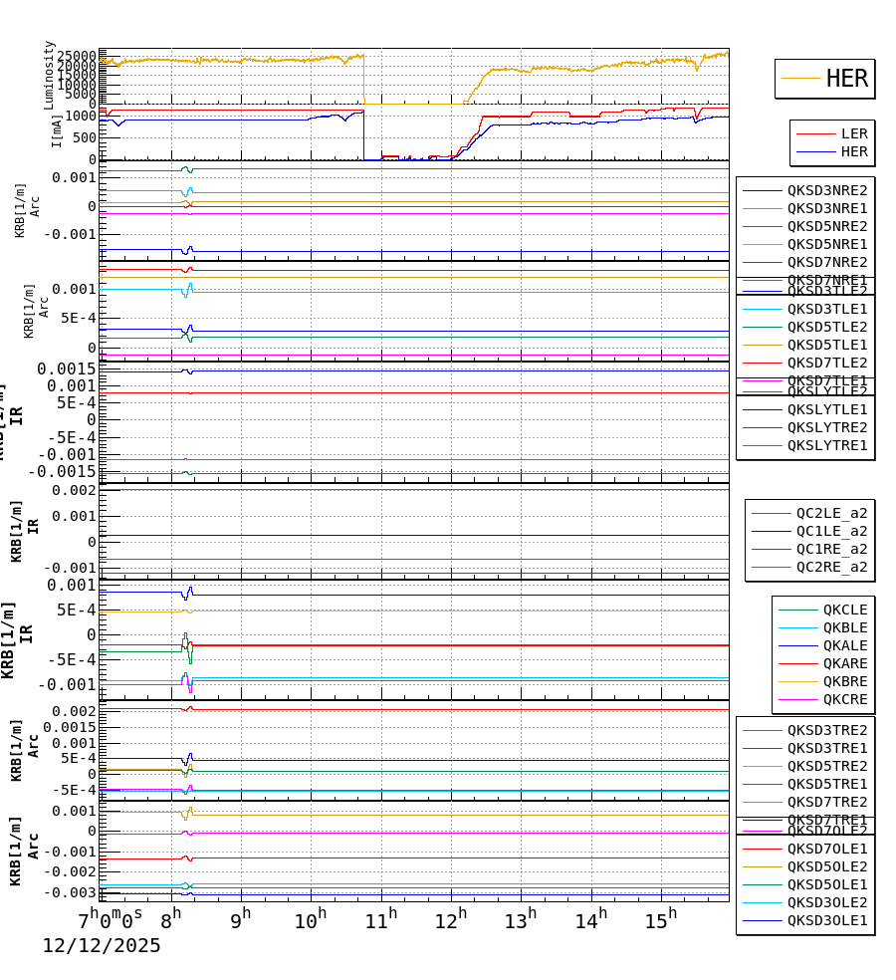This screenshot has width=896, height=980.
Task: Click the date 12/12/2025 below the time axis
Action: [101, 946]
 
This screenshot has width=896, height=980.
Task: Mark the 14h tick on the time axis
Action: [590, 918]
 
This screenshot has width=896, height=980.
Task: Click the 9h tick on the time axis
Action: [240, 918]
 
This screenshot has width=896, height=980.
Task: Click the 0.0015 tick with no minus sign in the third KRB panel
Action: [67, 368]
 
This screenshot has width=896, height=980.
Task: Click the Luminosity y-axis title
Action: [50, 74]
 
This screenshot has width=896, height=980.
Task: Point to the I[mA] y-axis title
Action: [58, 129]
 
